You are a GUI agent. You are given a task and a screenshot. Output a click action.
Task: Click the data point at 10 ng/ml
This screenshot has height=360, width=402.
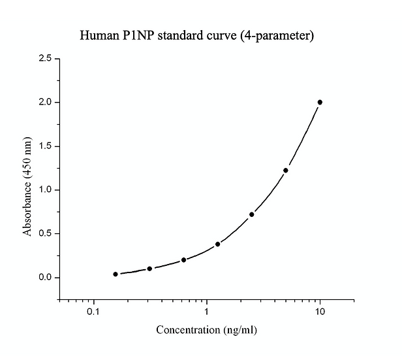pos(320,102)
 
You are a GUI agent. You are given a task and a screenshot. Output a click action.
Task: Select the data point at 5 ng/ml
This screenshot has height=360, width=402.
pos(286,171)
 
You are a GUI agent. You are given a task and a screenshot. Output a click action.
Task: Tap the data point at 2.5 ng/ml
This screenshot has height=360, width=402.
pos(252,214)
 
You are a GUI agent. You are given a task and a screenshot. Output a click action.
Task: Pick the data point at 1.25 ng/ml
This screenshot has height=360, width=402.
pos(217,244)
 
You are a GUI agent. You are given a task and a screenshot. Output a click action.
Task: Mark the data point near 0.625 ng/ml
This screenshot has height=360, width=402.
pos(183,259)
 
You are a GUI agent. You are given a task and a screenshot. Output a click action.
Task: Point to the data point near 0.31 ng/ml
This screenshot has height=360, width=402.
pos(149,269)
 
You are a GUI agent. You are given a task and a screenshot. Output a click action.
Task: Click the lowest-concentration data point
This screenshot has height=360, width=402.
pos(116,274)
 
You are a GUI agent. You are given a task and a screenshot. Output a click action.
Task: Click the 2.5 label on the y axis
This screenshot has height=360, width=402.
pos(46,59)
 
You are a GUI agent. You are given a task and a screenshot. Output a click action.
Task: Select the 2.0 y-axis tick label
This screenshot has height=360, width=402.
pos(46,103)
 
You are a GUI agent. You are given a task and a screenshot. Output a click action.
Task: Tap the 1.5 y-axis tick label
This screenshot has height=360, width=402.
pos(46,146)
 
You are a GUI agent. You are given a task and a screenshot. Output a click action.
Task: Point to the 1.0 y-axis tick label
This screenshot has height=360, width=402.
pos(46,190)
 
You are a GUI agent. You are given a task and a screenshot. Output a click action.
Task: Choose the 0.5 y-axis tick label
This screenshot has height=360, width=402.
pos(46,234)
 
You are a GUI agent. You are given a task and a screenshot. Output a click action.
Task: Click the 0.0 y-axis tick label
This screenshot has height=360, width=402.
pos(46,278)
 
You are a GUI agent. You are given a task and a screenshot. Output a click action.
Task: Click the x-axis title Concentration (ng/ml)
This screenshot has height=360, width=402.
pos(206,330)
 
